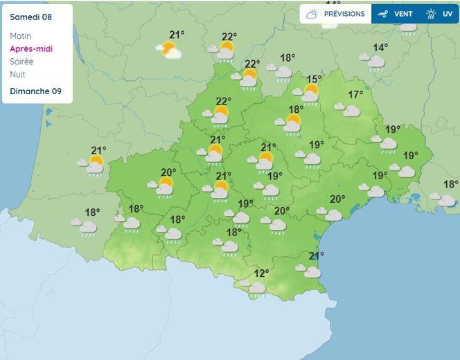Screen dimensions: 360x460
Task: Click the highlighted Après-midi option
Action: (31, 48)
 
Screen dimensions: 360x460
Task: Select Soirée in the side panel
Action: (23, 61)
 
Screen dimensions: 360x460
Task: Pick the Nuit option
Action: (17, 74)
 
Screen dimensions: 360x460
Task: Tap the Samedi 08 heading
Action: (31, 17)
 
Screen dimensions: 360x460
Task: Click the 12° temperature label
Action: (261, 273)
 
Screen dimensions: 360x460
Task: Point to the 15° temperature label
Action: (315, 80)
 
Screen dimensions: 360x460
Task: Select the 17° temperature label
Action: (355, 95)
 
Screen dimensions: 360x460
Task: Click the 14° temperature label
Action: (381, 48)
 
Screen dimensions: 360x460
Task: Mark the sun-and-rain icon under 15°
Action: (309, 93)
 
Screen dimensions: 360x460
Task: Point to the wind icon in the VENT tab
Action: (383, 14)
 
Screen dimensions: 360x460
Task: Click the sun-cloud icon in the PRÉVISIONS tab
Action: (312, 14)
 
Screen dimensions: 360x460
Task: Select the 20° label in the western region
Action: (168, 173)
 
